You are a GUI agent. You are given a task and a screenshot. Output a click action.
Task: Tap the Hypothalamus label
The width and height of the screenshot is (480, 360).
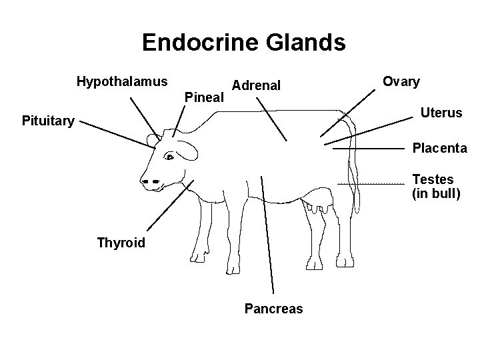pos(122,82)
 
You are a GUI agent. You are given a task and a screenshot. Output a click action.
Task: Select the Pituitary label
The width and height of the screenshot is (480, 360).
pos(48,121)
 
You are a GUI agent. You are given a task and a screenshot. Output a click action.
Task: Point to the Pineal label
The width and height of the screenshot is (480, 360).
pos(203,97)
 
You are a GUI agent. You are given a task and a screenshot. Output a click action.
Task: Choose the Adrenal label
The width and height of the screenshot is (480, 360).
pos(256,85)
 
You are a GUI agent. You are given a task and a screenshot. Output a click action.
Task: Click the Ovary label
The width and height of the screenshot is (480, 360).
pos(401,82)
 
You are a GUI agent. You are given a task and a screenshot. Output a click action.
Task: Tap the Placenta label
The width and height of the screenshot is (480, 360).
pos(439,148)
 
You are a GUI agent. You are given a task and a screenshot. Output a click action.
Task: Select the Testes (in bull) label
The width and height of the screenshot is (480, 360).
pos(436,187)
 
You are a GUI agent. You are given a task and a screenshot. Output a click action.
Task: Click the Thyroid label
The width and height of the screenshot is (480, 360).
pos(121,242)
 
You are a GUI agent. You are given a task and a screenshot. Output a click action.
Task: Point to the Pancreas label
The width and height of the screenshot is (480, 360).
pos(273,309)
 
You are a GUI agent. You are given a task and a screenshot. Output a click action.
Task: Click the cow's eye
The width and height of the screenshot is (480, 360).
pos(169,158)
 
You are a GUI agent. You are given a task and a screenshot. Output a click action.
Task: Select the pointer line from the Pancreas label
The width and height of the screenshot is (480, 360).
pos(267,233)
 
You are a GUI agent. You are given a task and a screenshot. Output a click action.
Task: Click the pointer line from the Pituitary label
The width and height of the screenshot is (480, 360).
pos(114,135)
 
